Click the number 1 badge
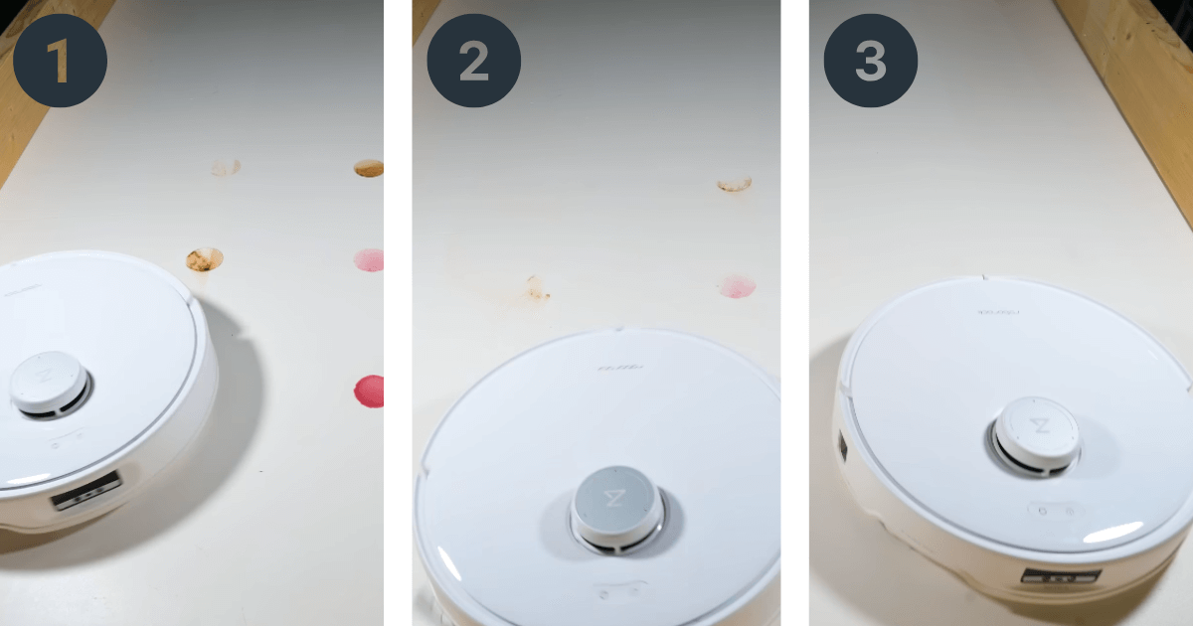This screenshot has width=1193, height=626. [x=61, y=61]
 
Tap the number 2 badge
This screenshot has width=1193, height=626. [x=473, y=61]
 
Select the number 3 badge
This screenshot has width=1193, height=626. [x=870, y=61]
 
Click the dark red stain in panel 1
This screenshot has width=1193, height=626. [x=368, y=391]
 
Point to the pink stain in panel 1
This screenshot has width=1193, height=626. [x=369, y=260]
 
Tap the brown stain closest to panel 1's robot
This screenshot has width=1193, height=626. [x=204, y=260]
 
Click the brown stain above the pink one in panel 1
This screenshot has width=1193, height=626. [x=369, y=169]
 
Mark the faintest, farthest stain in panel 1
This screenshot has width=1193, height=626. [x=225, y=168]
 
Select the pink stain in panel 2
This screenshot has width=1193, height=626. [x=737, y=286]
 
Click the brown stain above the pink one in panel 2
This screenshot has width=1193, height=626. [x=734, y=184]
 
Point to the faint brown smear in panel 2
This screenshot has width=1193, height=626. [x=537, y=289]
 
